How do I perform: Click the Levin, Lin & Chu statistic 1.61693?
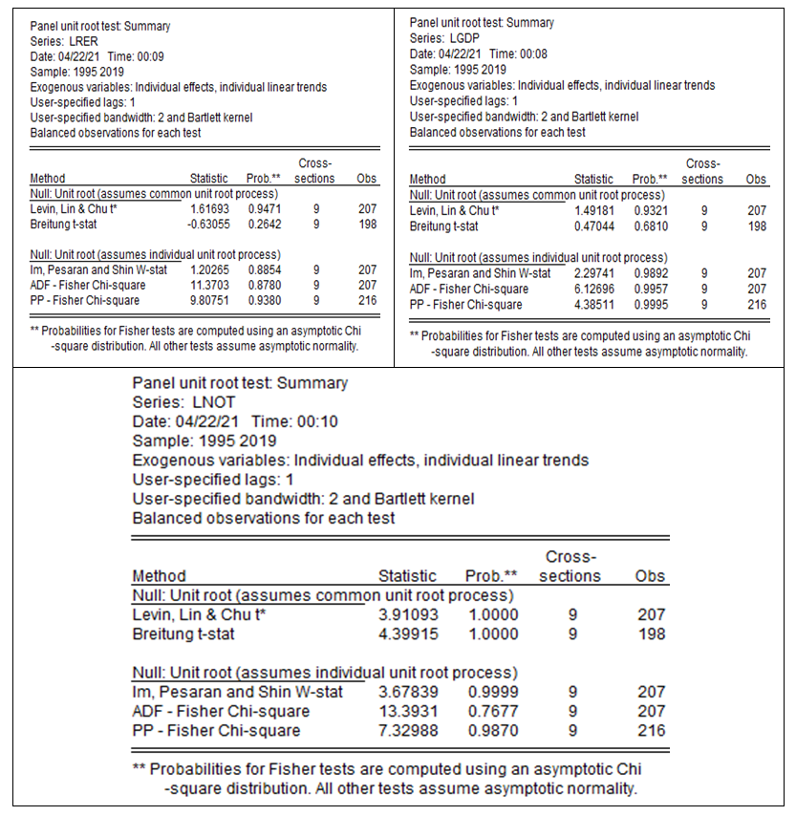[209, 208]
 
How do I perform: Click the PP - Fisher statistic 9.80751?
[209, 300]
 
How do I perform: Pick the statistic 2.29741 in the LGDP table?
[592, 273]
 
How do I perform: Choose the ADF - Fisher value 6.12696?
[592, 289]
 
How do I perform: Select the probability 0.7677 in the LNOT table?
[492, 711]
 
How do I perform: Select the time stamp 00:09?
[150, 54]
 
